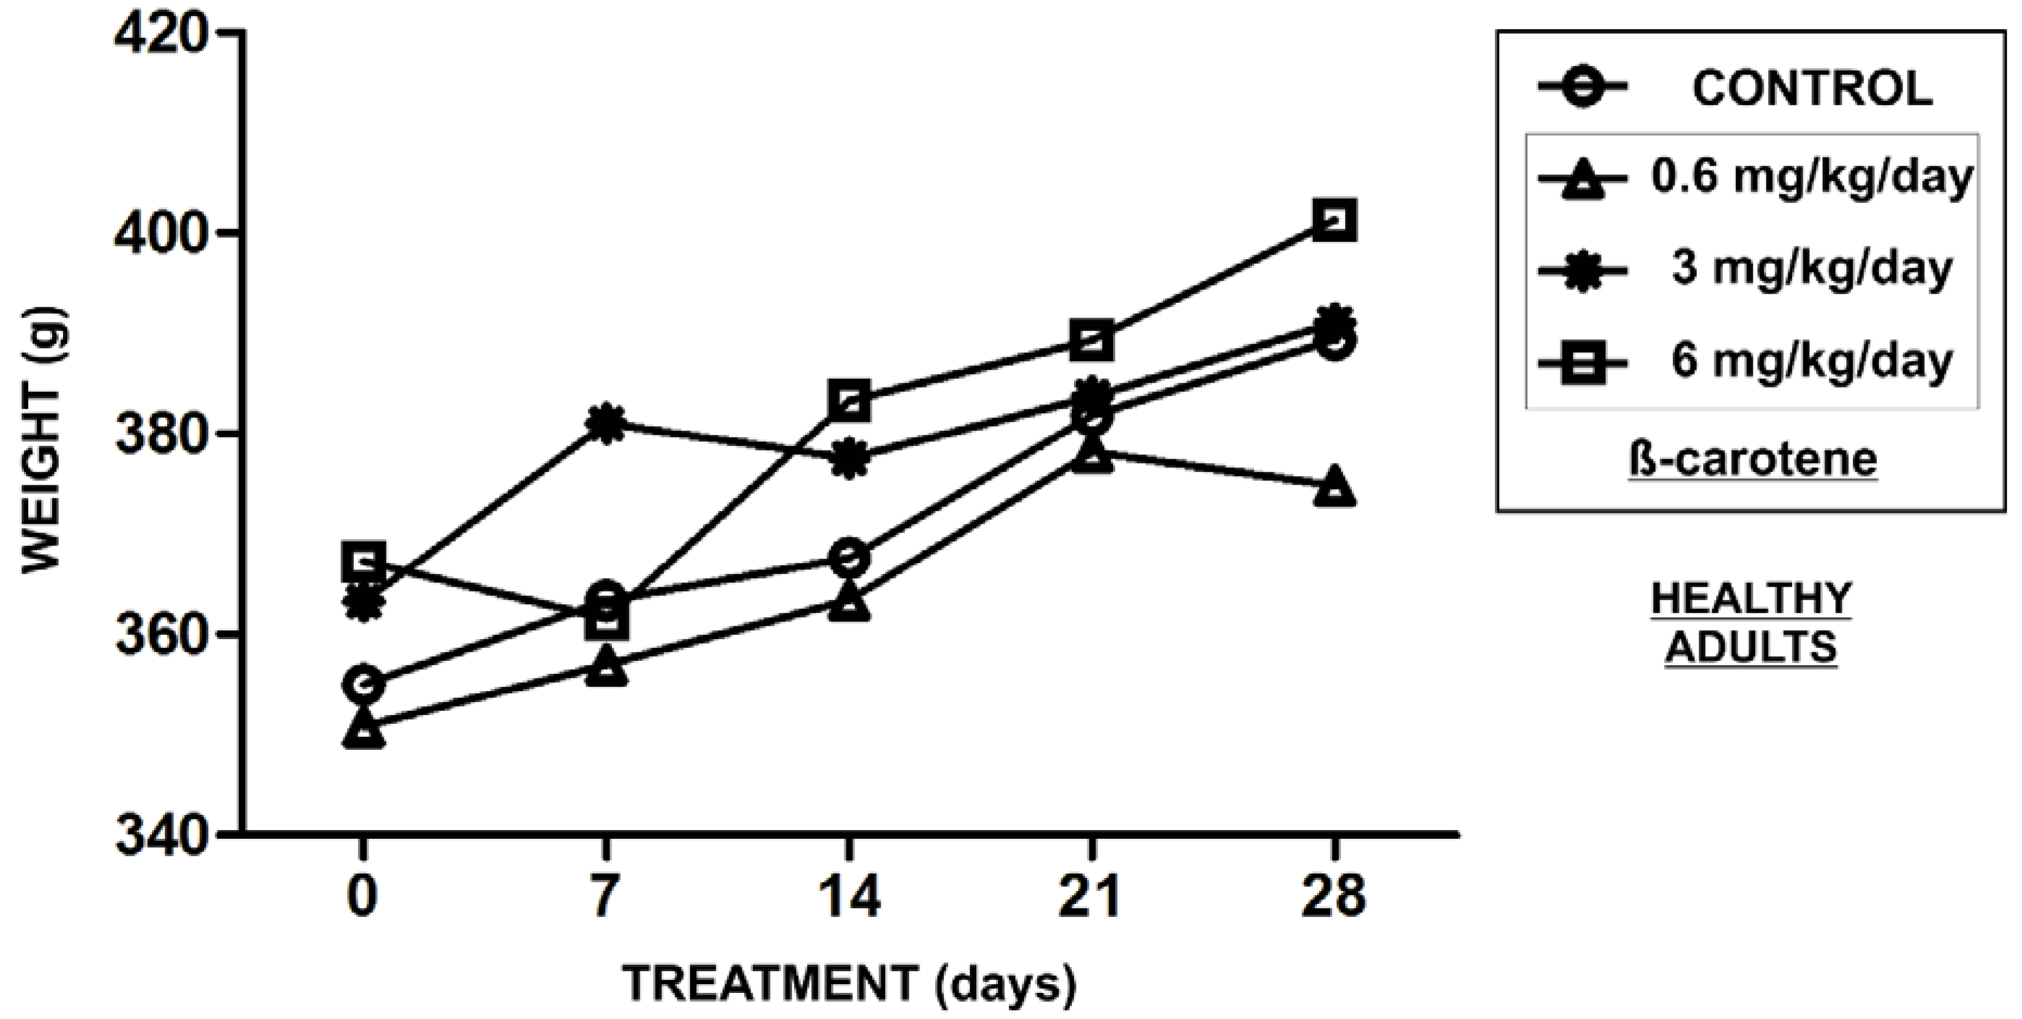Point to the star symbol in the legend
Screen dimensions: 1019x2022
tap(1582, 269)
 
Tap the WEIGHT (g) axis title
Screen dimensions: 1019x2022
tap(42, 440)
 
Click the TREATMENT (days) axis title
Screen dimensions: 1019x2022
tap(850, 982)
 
